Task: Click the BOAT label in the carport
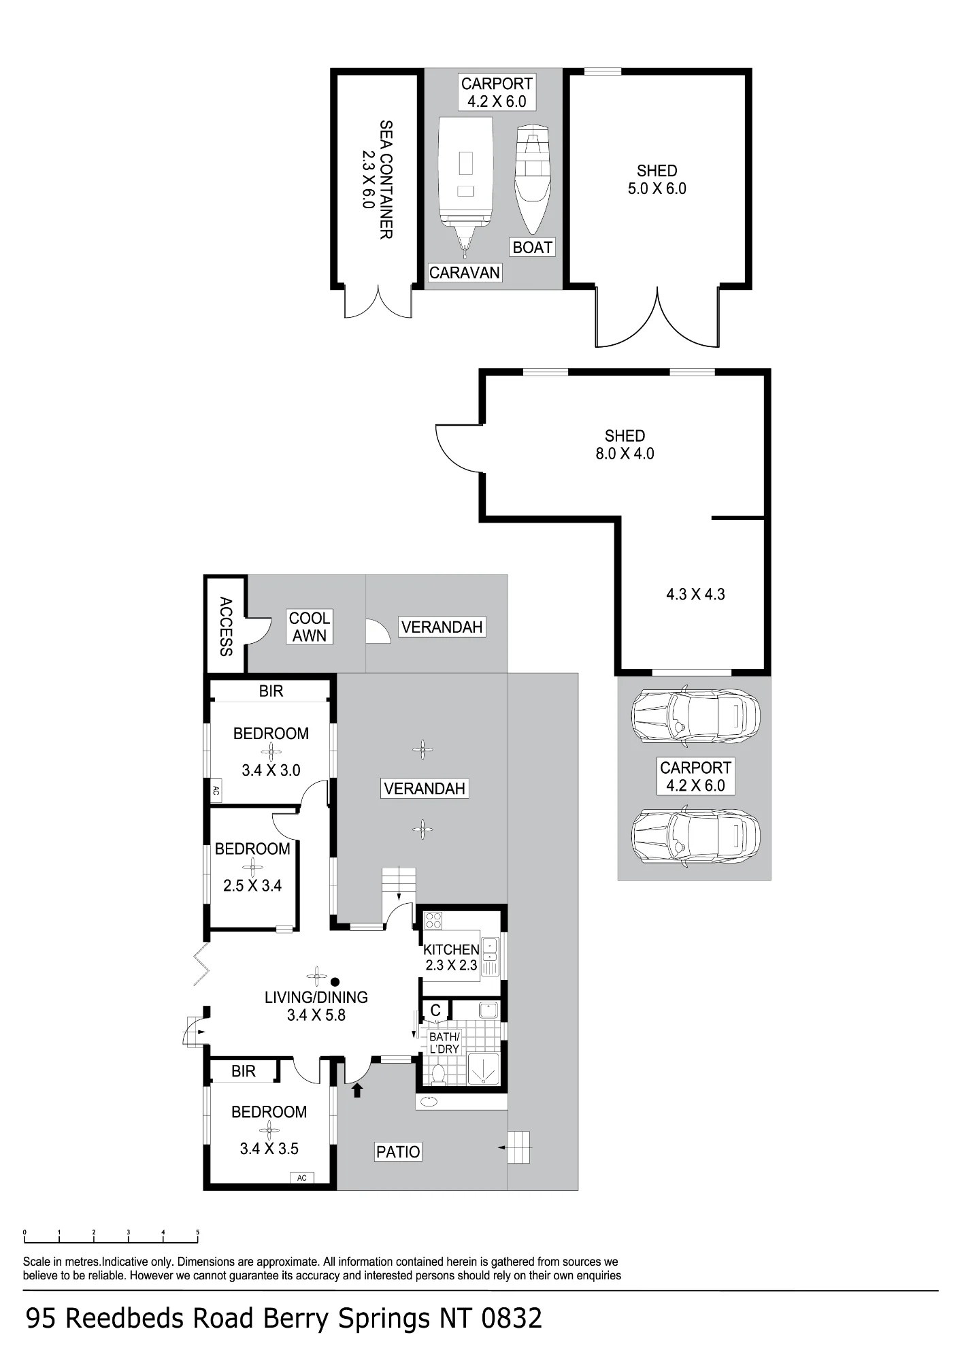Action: [532, 247]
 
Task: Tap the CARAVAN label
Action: [465, 273]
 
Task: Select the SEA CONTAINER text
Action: [386, 180]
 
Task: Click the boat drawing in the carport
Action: [532, 179]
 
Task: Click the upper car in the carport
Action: [695, 717]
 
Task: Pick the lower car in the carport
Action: [695, 836]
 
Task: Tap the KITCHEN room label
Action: [451, 949]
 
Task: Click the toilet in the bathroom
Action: [438, 1075]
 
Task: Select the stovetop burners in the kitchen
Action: [433, 921]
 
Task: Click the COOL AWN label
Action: [310, 627]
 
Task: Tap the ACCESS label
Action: [226, 626]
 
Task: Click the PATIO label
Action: [398, 1151]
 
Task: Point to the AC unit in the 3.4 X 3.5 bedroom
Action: [302, 1178]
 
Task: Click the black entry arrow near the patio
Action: [357, 1090]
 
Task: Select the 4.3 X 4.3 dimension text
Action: [695, 594]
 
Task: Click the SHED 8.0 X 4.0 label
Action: [625, 444]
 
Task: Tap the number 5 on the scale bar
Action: [197, 1232]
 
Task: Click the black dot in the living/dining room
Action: [335, 982]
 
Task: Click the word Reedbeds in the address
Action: [126, 1318]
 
